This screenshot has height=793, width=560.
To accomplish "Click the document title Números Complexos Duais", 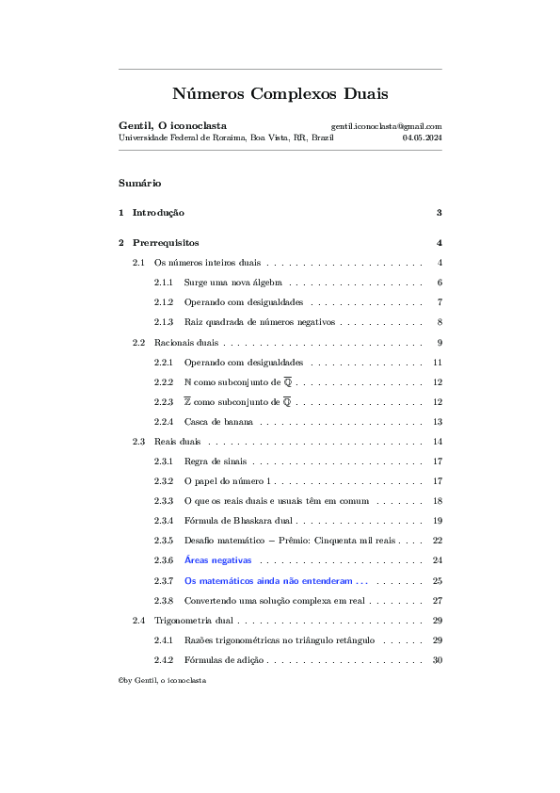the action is tap(280, 94).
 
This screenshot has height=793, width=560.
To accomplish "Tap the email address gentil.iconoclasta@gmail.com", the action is tap(386, 125).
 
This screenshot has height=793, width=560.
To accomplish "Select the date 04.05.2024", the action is tap(422, 138).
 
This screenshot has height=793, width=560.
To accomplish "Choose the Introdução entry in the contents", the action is tap(158, 213).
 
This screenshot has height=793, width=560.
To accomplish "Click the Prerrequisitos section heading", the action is tap(166, 243).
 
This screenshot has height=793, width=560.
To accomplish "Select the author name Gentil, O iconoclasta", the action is tap(172, 125).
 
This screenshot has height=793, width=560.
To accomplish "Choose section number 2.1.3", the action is tap(165, 322).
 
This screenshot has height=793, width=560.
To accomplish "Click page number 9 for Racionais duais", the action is tap(440, 342).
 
